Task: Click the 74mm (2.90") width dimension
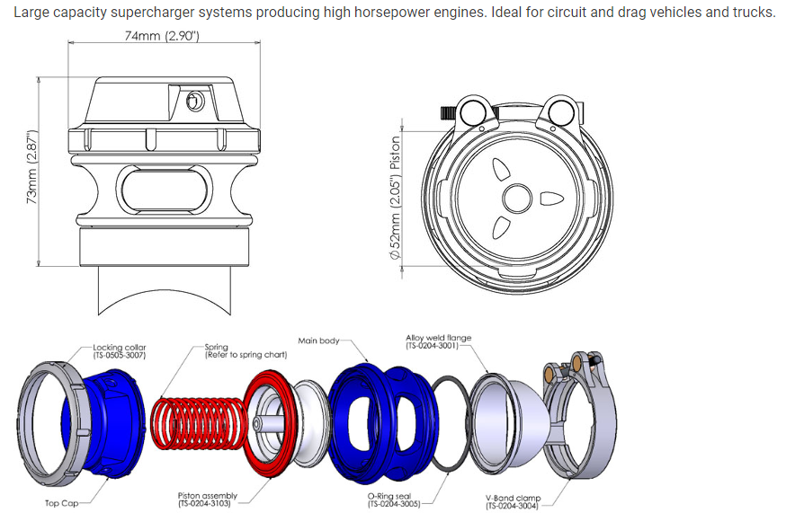pos(162,36)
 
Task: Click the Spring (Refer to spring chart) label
pos(245,351)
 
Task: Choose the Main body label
pos(318,341)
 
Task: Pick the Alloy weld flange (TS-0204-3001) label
pos(438,341)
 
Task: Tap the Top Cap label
pos(65,503)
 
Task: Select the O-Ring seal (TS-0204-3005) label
pos(395,500)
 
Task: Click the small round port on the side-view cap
pos(192,103)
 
